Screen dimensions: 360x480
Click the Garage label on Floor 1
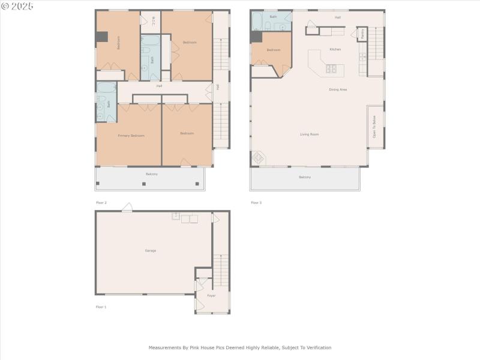[150, 250]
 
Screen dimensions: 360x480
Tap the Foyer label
[211, 296]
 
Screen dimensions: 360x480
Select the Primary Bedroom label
[130, 136]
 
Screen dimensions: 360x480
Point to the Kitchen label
[335, 49]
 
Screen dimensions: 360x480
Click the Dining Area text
[338, 89]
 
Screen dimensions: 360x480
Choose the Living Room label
[309, 134]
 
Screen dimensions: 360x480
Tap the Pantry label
[362, 34]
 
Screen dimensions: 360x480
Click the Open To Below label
[374, 127]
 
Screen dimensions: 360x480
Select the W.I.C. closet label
[154, 22]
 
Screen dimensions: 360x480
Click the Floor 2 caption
[101, 203]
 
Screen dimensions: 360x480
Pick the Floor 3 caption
[256, 203]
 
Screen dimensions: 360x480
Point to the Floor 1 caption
[101, 307]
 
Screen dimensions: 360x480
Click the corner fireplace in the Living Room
[258, 158]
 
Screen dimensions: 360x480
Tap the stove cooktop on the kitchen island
[331, 69]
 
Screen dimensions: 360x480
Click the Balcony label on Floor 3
[305, 177]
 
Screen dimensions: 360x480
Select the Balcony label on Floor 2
[152, 174]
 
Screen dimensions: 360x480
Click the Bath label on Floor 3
[273, 17]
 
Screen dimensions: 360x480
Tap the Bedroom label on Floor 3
[273, 50]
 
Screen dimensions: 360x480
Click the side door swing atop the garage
[127, 208]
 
